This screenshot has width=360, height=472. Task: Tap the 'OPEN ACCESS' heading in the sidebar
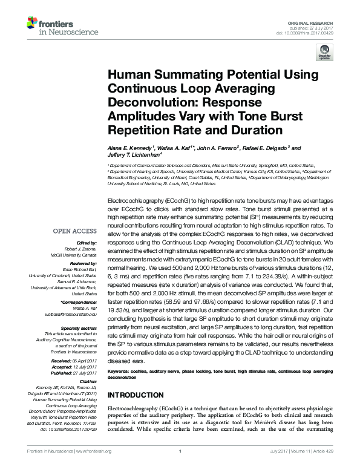click(x=74, y=231)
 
